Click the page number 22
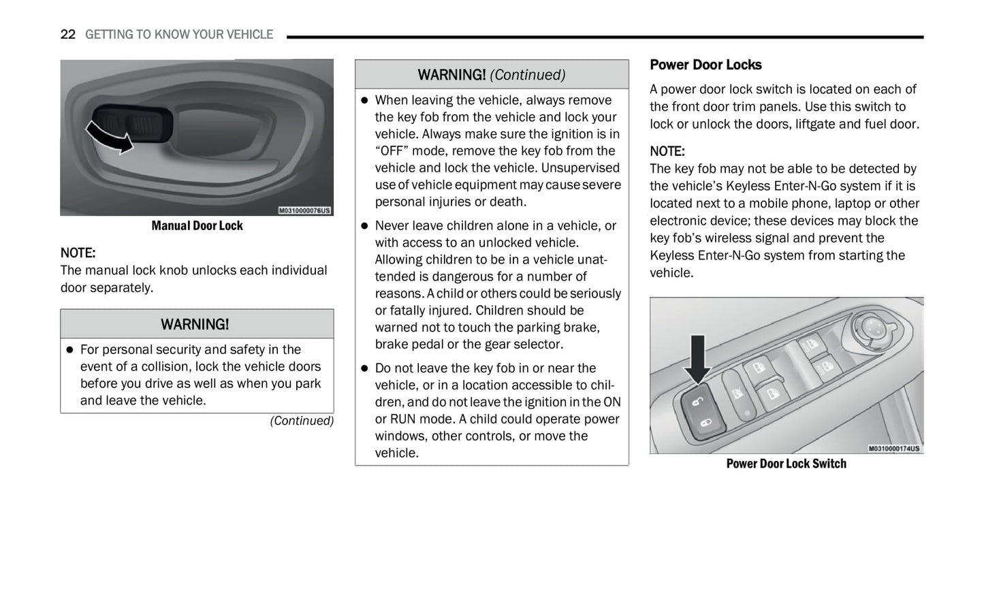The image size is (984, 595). point(67,35)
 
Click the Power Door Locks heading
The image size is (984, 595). point(705,65)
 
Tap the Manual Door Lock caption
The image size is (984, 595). point(197,226)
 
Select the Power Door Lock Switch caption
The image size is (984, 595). point(786,464)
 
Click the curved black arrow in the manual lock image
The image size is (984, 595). point(109,137)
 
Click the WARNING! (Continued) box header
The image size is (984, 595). point(491,75)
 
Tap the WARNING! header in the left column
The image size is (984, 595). point(195,325)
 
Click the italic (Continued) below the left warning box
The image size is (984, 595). point(302,421)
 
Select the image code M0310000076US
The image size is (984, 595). point(304,210)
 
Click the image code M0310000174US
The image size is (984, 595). point(894,449)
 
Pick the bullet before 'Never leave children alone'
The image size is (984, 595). point(364,226)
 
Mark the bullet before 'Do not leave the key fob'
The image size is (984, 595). point(364,368)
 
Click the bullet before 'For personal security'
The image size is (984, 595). point(69,350)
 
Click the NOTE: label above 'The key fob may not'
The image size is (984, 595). point(667,151)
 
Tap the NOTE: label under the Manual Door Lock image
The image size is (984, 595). point(78,253)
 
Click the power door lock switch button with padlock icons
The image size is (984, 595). point(701,413)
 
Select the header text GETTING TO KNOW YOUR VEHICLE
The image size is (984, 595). point(179,35)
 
